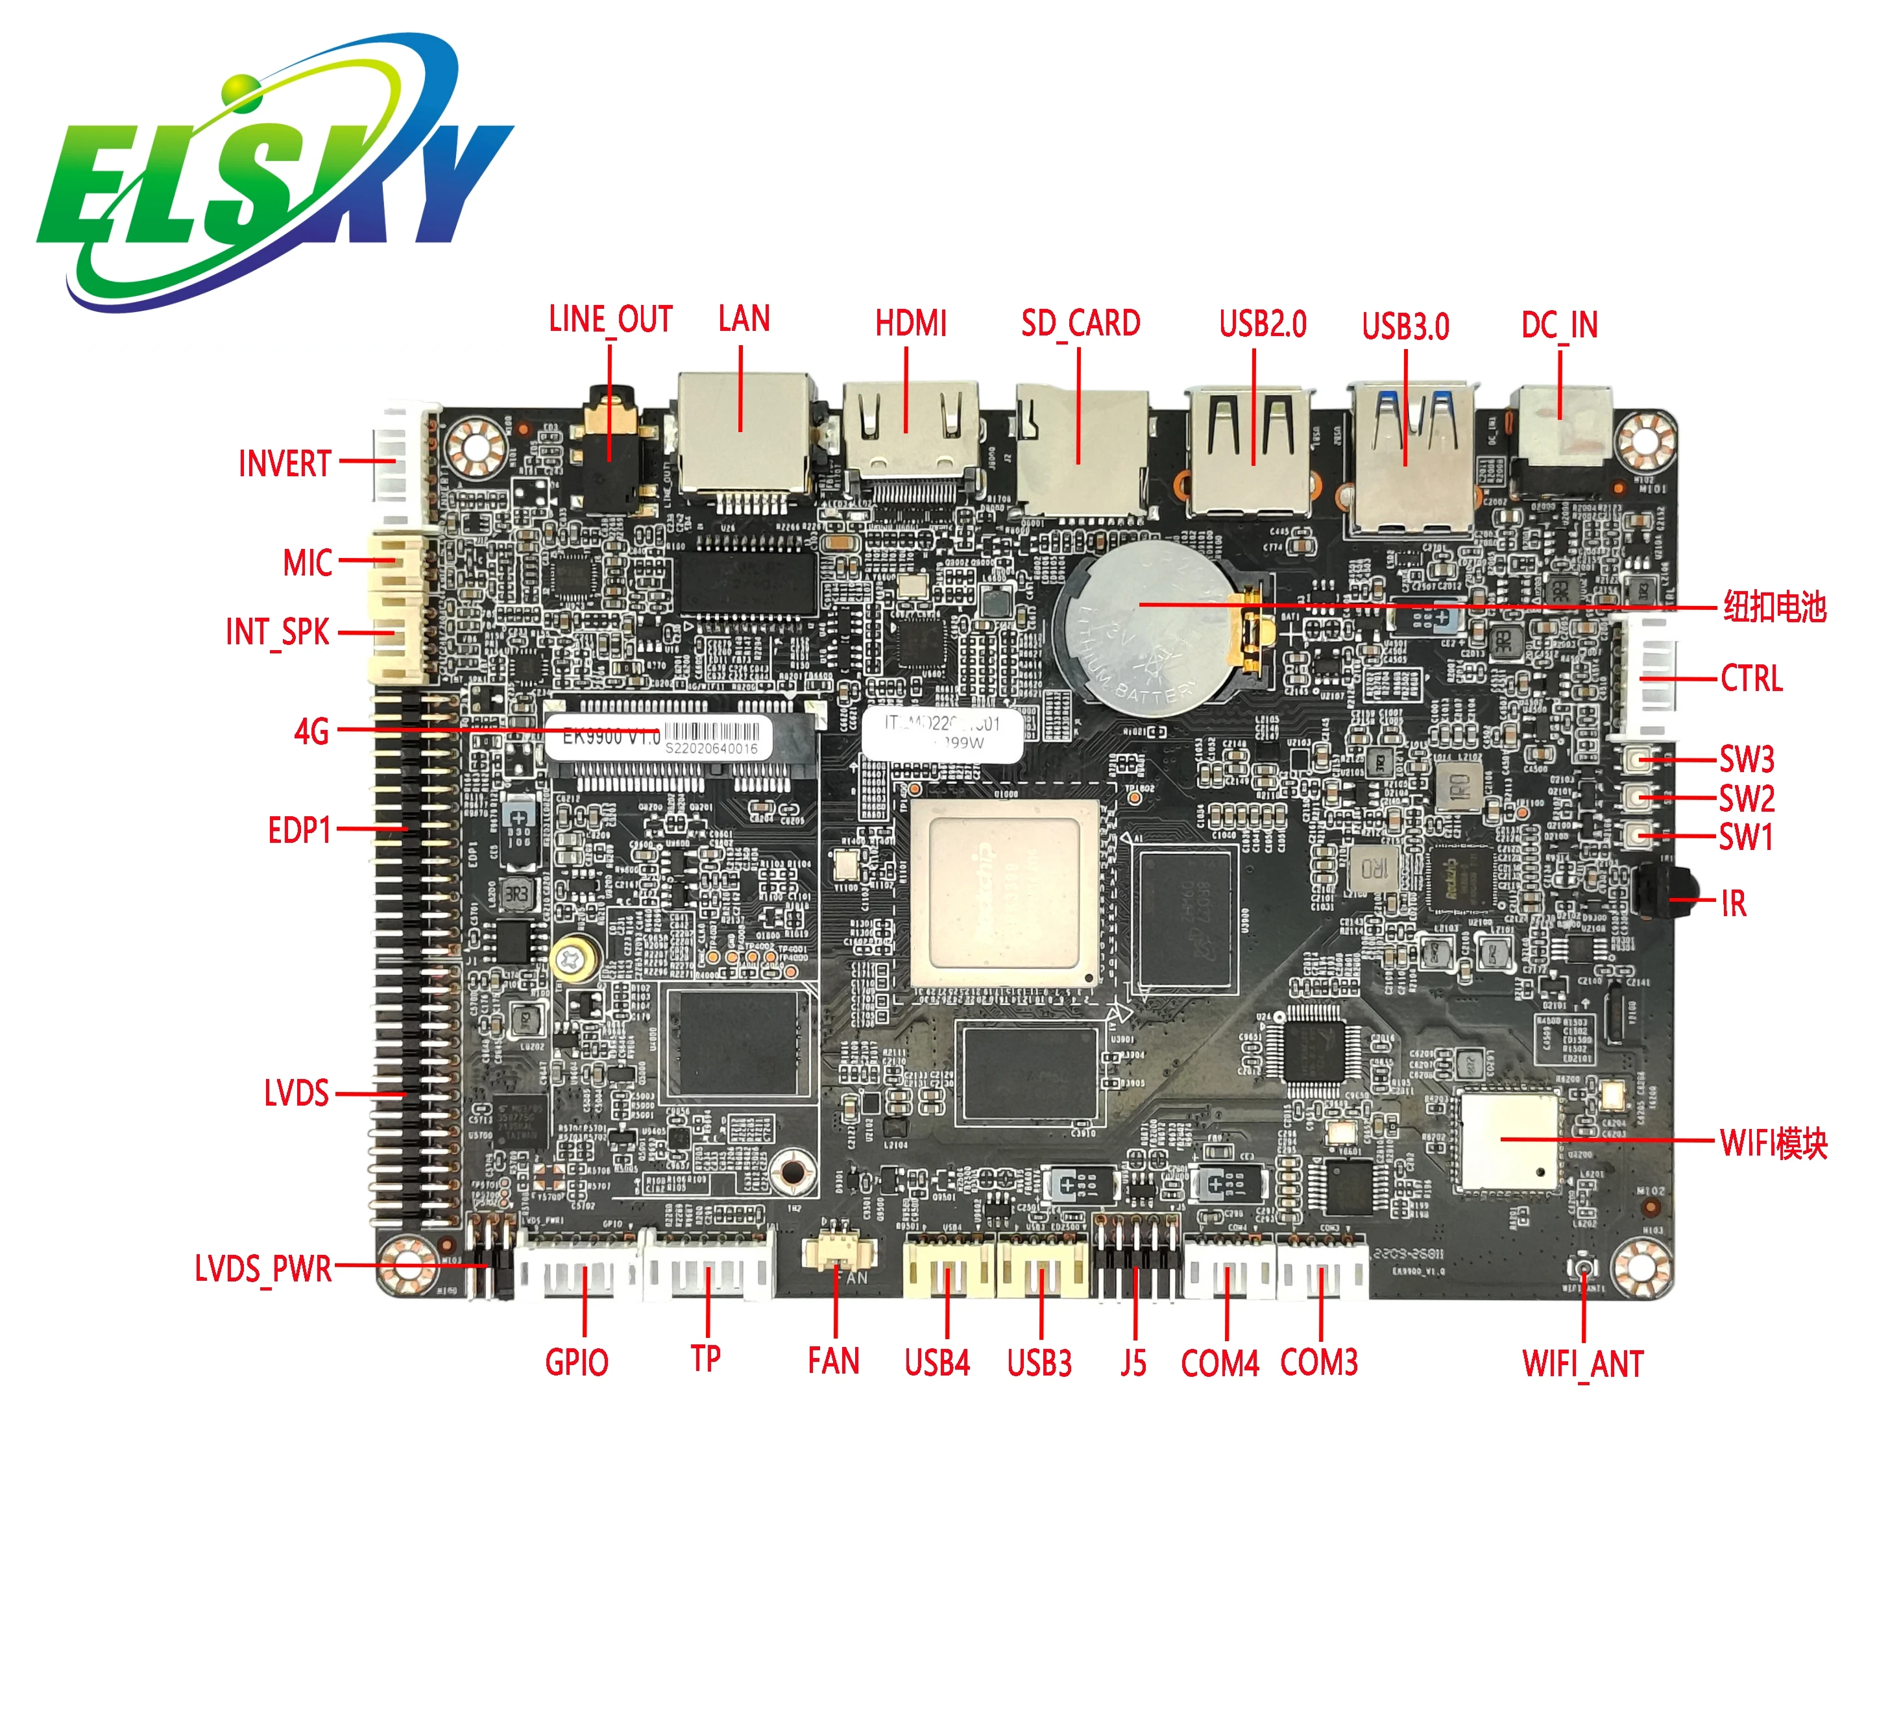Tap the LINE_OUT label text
611,320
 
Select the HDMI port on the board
910,436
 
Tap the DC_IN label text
1559,325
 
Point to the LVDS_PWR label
263,1269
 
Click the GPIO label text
577,1362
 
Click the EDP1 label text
300,831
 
